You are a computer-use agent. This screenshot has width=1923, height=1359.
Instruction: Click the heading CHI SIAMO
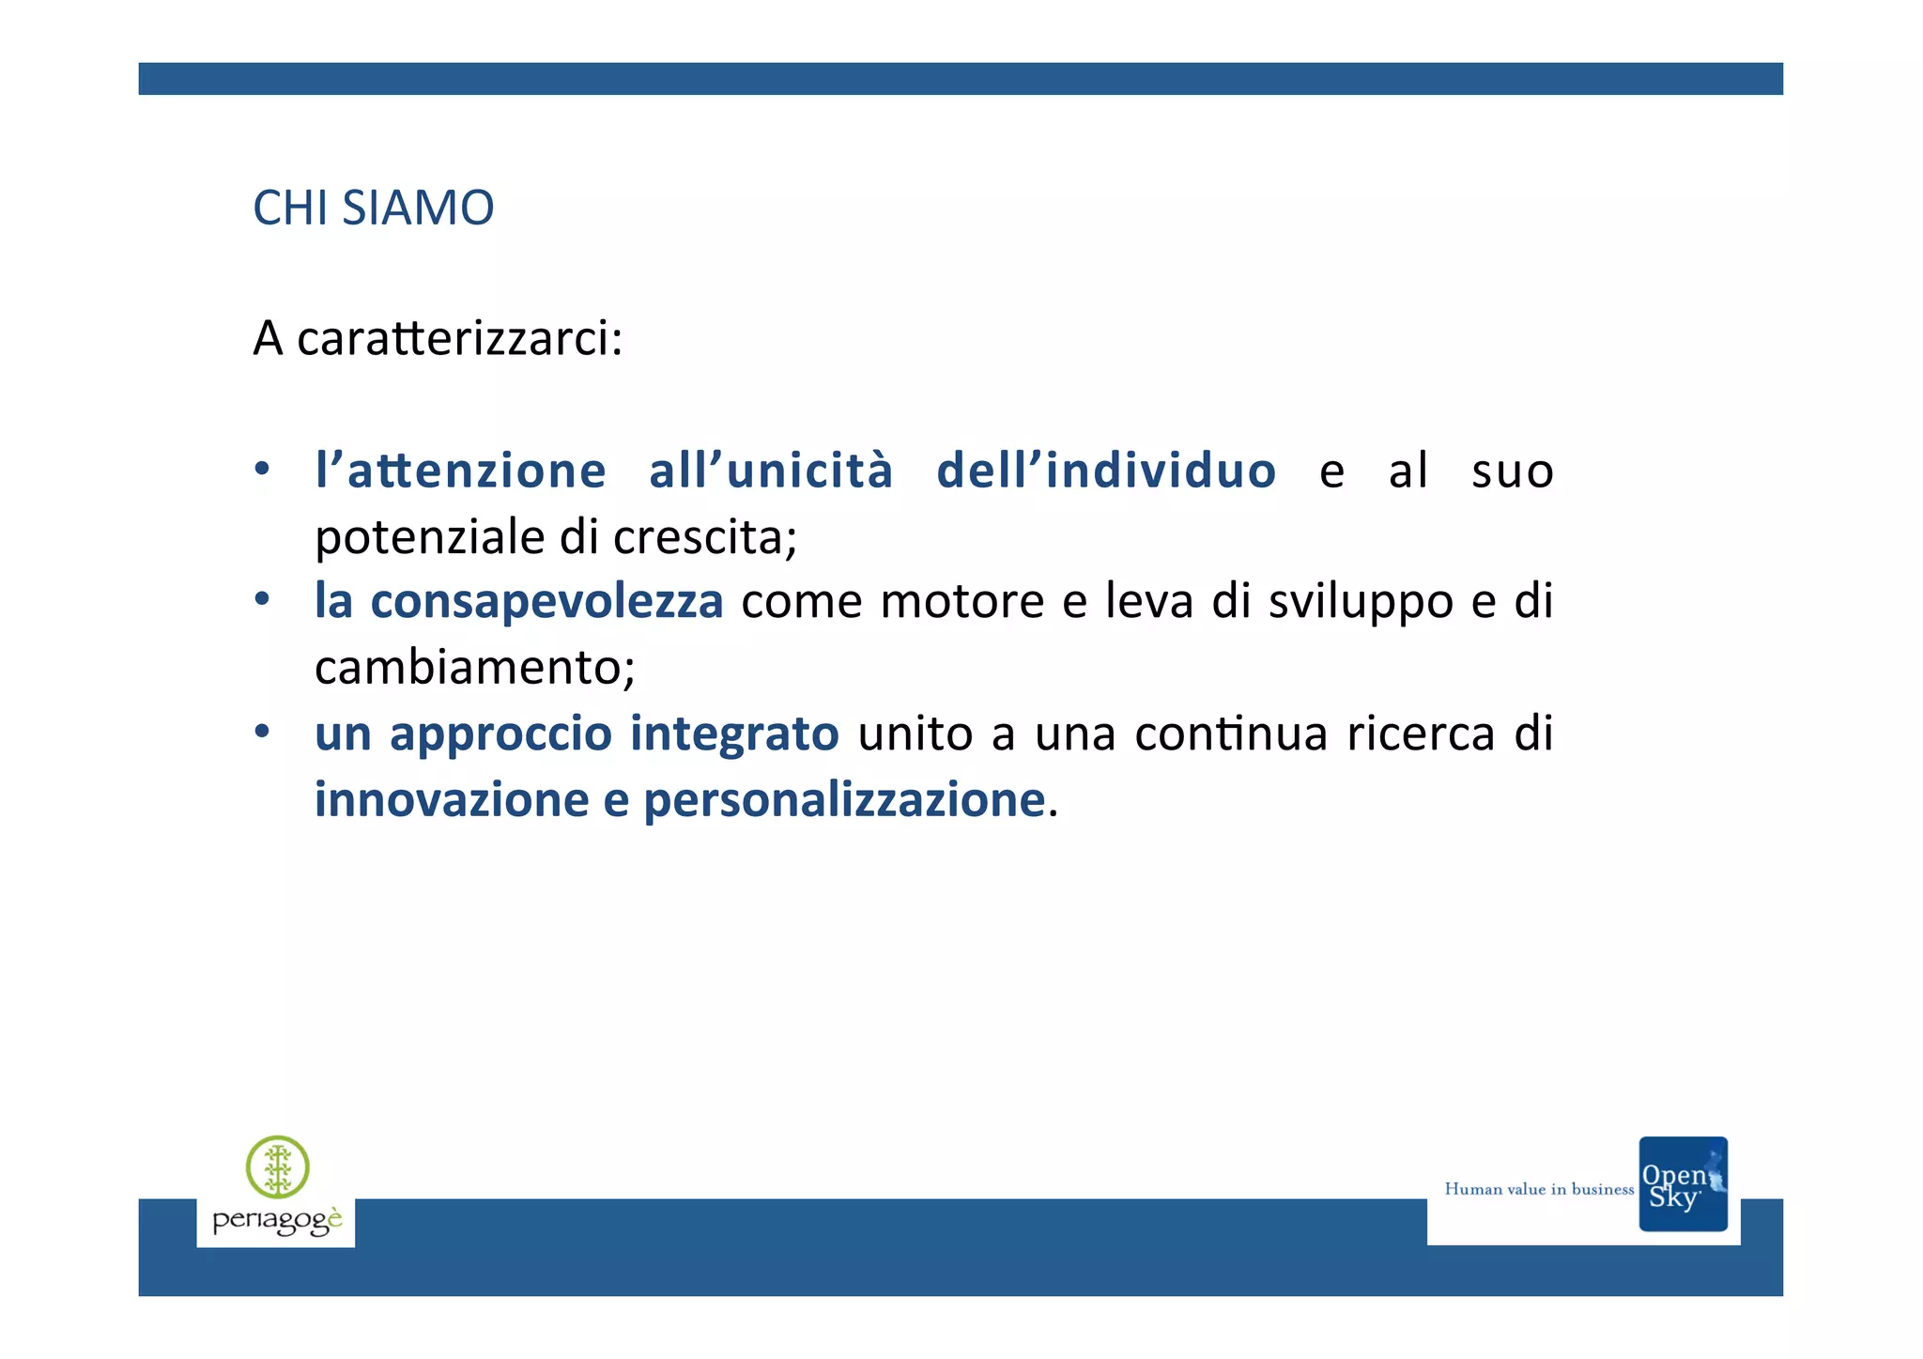click(373, 208)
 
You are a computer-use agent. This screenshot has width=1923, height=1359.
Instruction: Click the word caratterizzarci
click(459, 338)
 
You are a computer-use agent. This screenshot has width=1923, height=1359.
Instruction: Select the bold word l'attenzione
click(460, 471)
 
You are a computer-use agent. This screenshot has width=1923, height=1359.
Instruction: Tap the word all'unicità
click(771, 471)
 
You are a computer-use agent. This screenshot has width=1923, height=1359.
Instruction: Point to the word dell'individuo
click(1106, 471)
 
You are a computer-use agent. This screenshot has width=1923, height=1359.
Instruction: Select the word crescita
click(704, 537)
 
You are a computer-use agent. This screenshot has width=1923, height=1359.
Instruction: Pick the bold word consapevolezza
click(546, 601)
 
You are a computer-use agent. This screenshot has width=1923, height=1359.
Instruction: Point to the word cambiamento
click(473, 668)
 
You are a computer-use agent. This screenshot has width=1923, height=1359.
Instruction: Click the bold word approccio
click(500, 734)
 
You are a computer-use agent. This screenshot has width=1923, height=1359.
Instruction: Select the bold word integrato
click(734, 734)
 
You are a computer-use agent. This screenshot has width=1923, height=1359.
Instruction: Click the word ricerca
click(1420, 734)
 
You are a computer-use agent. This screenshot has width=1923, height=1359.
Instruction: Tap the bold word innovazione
click(452, 800)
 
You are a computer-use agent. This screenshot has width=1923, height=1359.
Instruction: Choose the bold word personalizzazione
click(844, 801)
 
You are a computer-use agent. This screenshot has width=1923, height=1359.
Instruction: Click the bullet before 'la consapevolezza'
click(262, 598)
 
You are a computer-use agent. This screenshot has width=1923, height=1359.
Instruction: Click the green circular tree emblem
click(278, 1167)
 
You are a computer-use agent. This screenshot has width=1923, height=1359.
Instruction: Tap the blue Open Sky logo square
click(1683, 1184)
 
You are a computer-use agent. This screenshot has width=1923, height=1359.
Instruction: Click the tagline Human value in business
click(1539, 1189)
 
